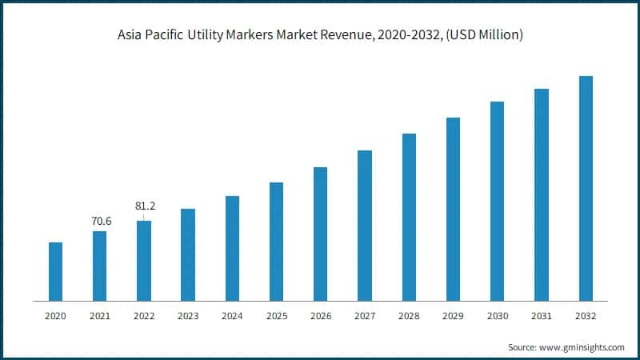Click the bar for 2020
click(x=55, y=271)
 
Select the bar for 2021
click(x=99, y=266)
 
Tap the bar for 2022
click(x=144, y=261)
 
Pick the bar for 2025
click(x=276, y=242)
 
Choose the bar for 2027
click(x=365, y=226)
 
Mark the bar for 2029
click(x=453, y=209)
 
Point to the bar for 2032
click(x=586, y=188)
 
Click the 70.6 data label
click(x=99, y=221)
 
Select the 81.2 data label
click(x=144, y=206)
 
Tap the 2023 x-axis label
click(x=188, y=317)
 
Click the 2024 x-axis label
click(x=232, y=317)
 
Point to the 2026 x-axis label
click(x=320, y=317)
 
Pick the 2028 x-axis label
click(x=409, y=317)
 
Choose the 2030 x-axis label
click(x=497, y=317)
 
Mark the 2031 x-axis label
click(x=542, y=317)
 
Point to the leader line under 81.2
click(x=144, y=216)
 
